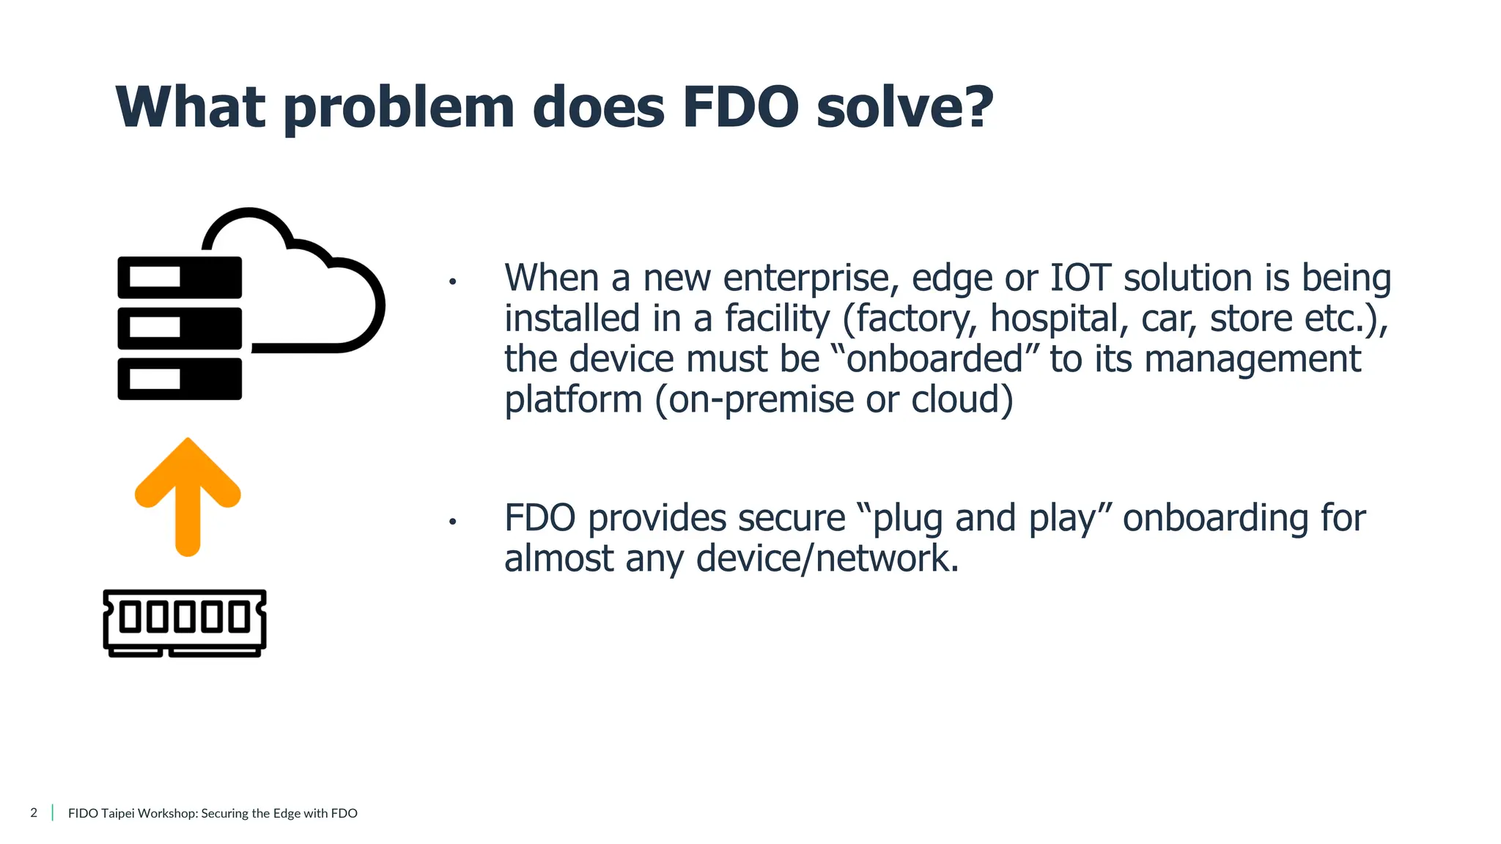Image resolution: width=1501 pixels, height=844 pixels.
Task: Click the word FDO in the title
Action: [740, 108]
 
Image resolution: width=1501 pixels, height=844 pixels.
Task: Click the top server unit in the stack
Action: [180, 277]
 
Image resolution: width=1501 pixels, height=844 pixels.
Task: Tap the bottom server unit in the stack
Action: [180, 379]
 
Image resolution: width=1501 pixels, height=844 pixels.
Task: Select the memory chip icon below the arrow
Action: [185, 623]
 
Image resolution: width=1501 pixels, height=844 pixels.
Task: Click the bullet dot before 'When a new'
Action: [453, 281]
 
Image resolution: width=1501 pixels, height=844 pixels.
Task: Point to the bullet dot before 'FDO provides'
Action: [453, 522]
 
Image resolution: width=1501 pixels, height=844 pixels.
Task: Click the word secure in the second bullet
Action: [791, 519]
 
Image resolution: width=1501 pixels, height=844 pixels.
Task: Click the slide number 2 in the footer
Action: [34, 812]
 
